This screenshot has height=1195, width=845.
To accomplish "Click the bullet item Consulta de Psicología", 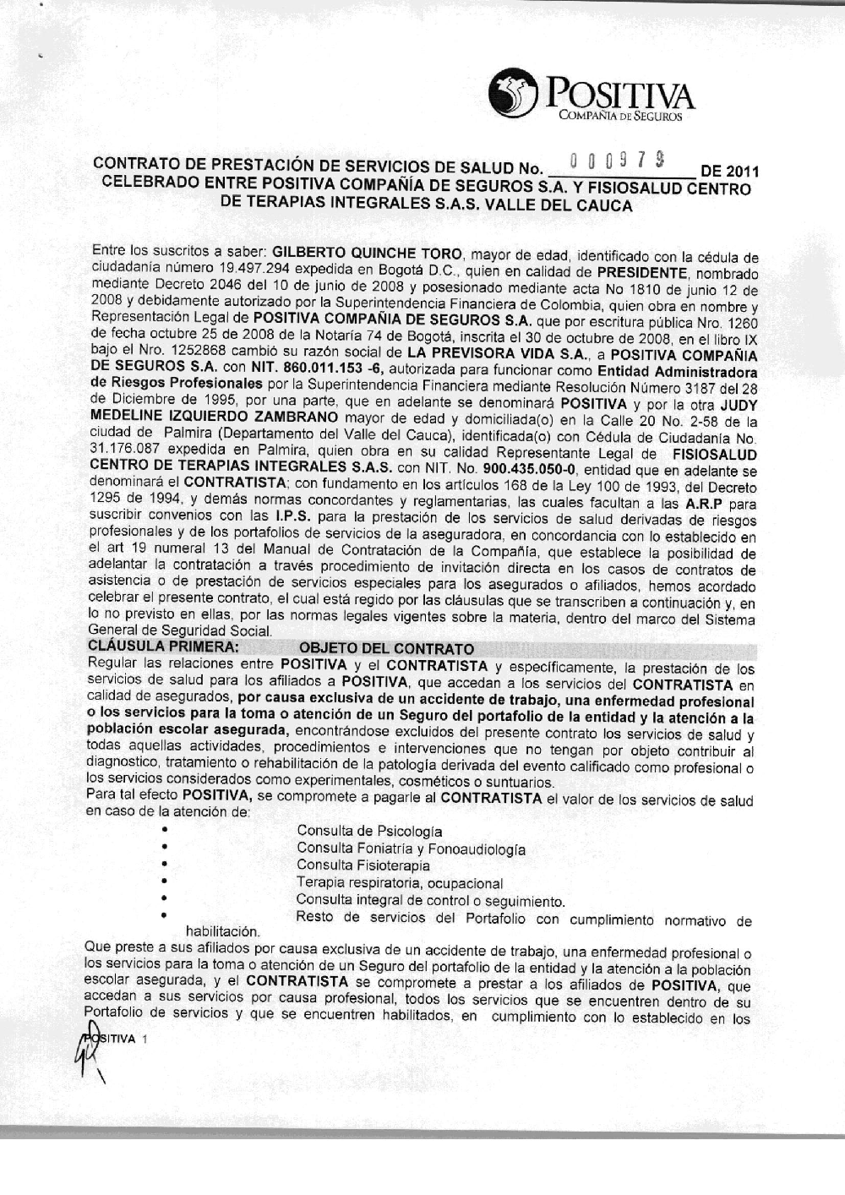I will coord(369,832).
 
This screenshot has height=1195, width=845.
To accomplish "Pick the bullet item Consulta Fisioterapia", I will coord(363,865).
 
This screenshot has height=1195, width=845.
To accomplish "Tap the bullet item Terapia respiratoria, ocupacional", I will coord(399,883).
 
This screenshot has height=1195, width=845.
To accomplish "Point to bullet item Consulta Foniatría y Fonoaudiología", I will coord(411,849).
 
